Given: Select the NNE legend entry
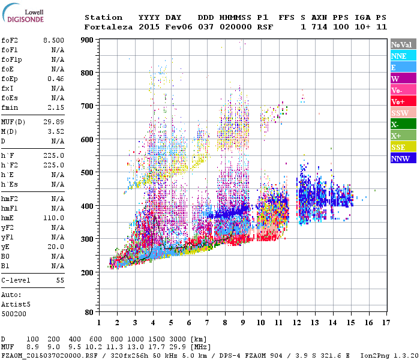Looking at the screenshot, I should pos(399,56).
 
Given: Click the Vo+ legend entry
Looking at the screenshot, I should pos(398,102).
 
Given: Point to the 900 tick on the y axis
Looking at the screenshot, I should pos(88,40).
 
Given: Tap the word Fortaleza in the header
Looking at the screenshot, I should pos(109,27).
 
